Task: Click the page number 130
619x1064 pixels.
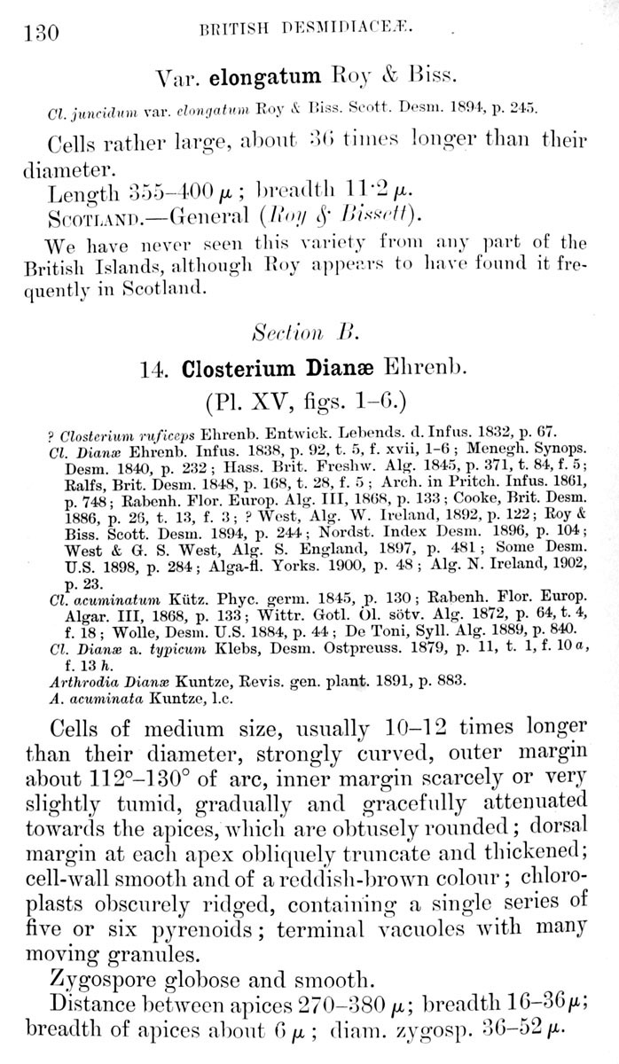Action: pos(37,34)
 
